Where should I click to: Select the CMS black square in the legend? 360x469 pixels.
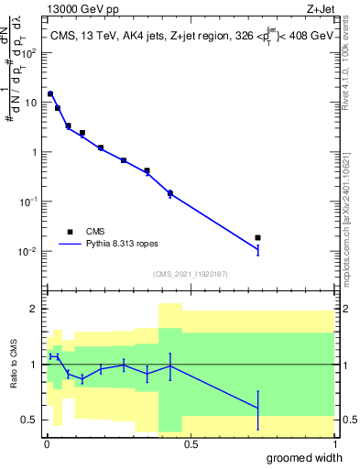point(69,232)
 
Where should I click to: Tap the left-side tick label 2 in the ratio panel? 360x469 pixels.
point(35,309)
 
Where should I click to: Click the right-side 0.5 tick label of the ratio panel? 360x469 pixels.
point(348,420)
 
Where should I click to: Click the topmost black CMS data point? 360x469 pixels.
point(50,93)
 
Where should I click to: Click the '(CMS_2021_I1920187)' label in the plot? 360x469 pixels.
point(189,274)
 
